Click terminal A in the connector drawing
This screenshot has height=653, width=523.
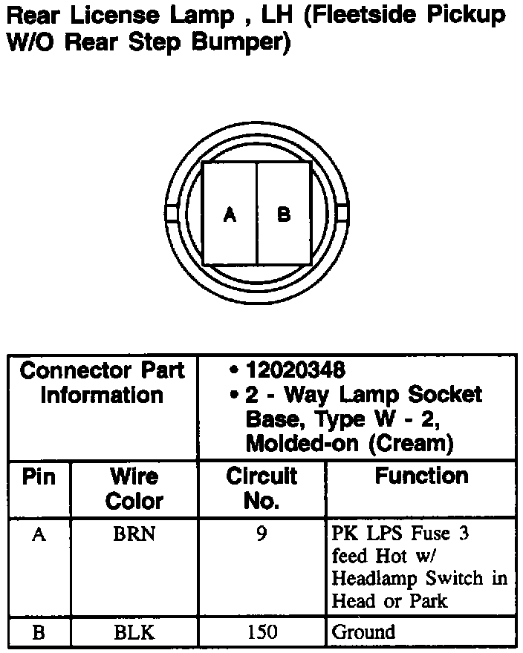point(230,215)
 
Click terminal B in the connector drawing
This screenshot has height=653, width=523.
point(284,215)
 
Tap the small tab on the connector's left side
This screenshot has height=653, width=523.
point(170,213)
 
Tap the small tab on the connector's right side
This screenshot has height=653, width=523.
point(342,213)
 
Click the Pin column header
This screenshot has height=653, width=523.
point(39,476)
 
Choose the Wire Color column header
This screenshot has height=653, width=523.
point(134,488)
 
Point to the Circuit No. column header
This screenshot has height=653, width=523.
point(261,488)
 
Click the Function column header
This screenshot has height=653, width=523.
point(421,476)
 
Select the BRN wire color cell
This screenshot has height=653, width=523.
point(134,534)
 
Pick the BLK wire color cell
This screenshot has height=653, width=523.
point(134,632)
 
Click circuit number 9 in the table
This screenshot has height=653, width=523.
point(261,534)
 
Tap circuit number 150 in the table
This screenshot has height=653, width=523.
point(261,632)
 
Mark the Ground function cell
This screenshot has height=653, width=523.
point(363,632)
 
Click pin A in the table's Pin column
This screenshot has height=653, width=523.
point(39,534)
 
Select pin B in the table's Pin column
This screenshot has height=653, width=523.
point(39,632)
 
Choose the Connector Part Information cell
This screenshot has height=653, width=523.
point(103,382)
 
